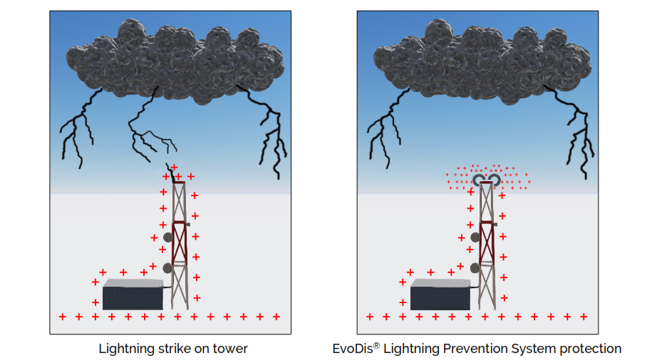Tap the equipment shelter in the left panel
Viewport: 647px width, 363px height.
point(133,295)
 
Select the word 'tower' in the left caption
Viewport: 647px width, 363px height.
point(231,349)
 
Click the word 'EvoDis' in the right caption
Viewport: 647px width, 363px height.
point(351,349)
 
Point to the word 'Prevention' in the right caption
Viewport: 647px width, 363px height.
point(473,349)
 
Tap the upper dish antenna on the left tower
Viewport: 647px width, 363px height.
point(168,237)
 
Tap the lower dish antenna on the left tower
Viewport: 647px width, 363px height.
point(168,268)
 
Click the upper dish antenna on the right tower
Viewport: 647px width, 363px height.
point(476,237)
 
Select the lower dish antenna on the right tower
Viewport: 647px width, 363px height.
point(476,268)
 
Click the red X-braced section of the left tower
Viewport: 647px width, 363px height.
point(179,242)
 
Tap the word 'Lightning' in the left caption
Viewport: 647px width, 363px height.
point(125,349)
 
